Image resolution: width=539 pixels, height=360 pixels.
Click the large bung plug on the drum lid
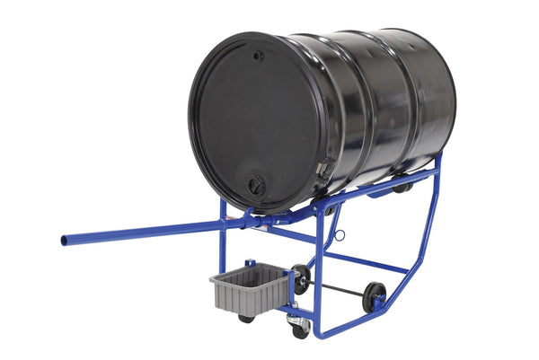256,186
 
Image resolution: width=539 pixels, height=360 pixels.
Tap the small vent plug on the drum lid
259,56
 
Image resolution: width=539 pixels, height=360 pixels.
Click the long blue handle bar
144,232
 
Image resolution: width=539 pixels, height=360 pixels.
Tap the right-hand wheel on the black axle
374,296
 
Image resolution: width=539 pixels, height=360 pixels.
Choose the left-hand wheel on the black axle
302,278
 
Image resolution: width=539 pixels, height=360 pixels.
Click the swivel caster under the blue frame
299,326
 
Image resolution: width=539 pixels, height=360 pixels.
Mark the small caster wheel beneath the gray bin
246,318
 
